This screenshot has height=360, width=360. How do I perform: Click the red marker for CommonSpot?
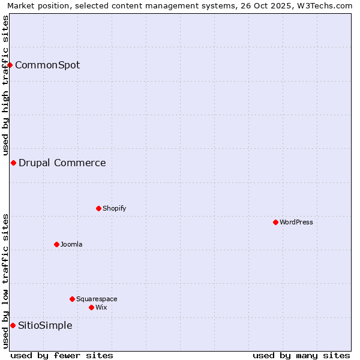(x=10, y=65)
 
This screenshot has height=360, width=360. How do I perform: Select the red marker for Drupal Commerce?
(x=13, y=163)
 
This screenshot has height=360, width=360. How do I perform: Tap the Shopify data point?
(x=98, y=208)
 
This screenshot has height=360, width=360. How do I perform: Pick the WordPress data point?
(x=275, y=222)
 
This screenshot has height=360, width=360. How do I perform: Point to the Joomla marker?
(x=56, y=244)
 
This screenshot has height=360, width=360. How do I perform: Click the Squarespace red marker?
(x=72, y=299)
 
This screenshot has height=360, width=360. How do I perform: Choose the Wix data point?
(x=91, y=307)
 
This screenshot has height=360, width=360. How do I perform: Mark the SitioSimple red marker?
(x=13, y=325)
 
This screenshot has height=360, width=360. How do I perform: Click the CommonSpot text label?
(x=47, y=65)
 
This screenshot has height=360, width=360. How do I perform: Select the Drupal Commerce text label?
(x=62, y=163)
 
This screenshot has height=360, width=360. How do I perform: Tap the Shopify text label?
(x=115, y=208)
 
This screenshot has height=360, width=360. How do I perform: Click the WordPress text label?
(x=296, y=222)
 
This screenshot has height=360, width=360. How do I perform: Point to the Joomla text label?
(x=71, y=244)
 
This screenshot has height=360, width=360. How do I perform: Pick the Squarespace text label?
(x=97, y=299)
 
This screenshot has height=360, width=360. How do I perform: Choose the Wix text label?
(x=101, y=307)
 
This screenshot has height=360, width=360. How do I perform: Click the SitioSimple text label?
(x=45, y=325)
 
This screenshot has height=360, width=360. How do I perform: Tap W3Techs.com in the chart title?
(x=325, y=6)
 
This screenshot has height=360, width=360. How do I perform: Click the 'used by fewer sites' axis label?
(x=62, y=355)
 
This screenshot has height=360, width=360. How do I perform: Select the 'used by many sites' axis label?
(x=301, y=355)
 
